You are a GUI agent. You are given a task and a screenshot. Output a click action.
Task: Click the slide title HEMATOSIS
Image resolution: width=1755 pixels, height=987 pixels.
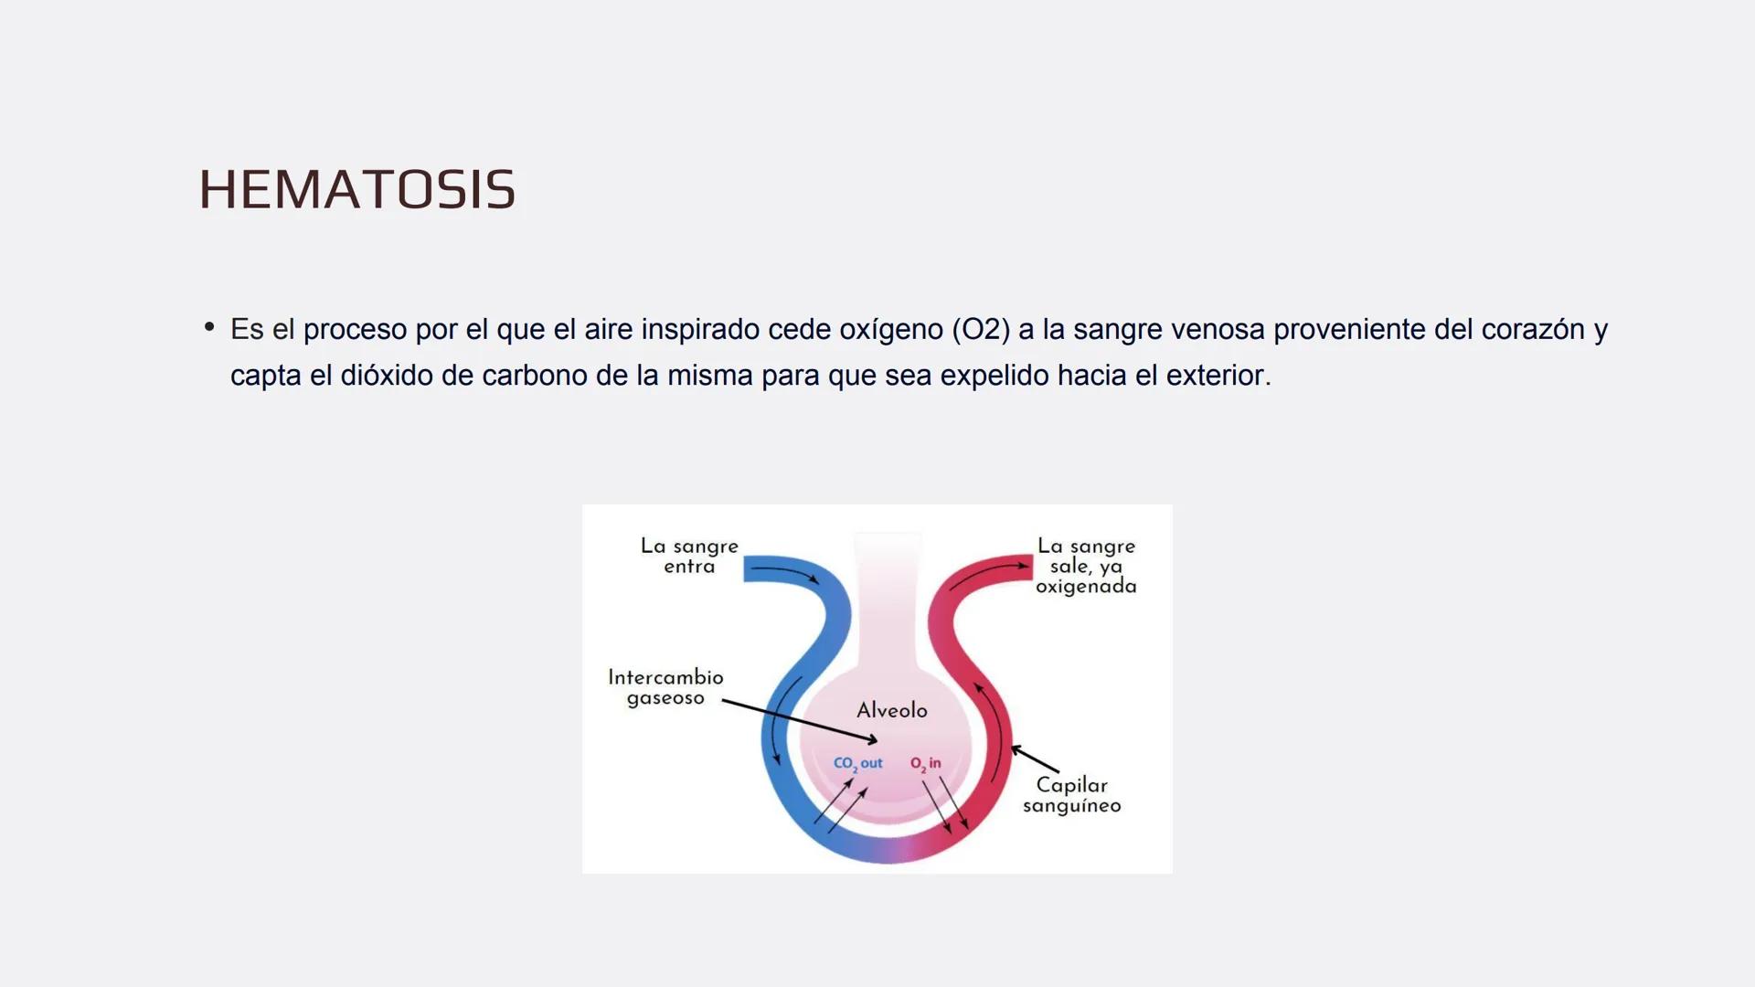[x=356, y=189]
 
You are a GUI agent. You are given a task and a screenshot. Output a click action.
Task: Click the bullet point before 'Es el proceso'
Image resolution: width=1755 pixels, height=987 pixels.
[x=209, y=326]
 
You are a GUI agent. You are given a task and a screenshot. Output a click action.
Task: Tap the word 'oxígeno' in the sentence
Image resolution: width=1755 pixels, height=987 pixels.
[x=891, y=329]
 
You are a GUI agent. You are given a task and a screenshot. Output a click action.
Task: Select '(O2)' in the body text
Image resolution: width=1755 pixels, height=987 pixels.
[x=980, y=329]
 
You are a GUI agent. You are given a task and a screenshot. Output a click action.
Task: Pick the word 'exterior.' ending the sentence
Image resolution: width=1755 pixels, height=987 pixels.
[x=1218, y=376]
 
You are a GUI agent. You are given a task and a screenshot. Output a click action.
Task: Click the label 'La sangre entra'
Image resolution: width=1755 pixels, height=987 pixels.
[x=689, y=556]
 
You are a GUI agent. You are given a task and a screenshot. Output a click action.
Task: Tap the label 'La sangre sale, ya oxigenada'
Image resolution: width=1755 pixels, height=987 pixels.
[x=1086, y=566]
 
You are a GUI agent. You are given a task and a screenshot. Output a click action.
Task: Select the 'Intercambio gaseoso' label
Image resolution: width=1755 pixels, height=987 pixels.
[x=665, y=687]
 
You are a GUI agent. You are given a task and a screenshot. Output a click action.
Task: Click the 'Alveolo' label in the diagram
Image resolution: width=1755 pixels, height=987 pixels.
[x=891, y=710]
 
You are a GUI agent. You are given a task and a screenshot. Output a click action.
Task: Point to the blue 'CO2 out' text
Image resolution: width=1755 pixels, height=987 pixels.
[x=857, y=763]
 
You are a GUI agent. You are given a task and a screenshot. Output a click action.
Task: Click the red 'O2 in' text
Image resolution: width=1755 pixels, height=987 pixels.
[x=925, y=763]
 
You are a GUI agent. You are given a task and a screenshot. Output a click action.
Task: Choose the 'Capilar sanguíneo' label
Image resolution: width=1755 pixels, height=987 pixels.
[x=1071, y=794]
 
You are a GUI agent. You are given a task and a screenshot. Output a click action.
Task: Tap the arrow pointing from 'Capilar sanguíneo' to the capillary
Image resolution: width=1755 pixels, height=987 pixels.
[x=1034, y=759]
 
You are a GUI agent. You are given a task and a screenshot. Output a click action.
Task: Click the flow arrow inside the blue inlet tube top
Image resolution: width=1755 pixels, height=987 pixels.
[x=786, y=573]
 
